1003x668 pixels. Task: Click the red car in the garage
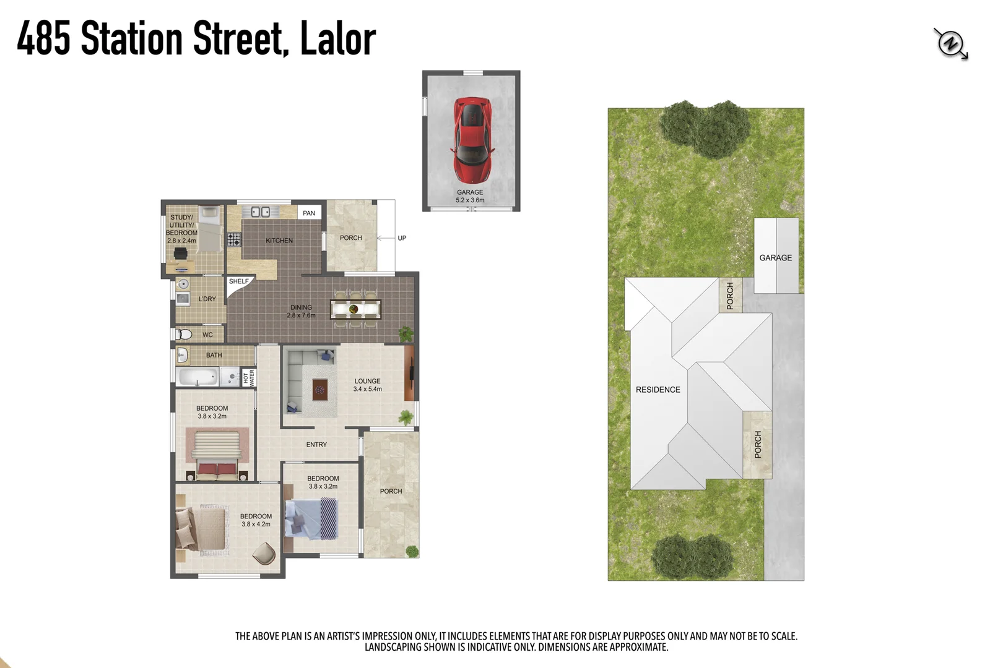tap(472, 139)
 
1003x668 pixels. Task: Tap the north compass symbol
tap(950, 44)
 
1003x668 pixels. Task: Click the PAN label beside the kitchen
tap(309, 213)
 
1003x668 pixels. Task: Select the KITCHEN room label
tap(279, 241)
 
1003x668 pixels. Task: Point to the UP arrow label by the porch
tap(402, 238)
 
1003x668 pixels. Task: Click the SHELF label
tap(238, 281)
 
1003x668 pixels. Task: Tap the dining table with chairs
tap(355, 309)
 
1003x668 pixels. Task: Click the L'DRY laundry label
tap(207, 299)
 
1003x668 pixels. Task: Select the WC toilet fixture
tap(184, 335)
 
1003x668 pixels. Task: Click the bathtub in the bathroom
tap(198, 376)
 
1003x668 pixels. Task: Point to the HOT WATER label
tap(249, 377)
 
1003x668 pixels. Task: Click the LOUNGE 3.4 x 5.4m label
tap(368, 385)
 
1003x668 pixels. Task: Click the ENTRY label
tap(316, 445)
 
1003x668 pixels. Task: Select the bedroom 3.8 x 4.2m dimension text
tap(256, 525)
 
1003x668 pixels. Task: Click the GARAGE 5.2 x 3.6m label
tap(470, 196)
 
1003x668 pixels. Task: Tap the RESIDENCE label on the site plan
tap(658, 390)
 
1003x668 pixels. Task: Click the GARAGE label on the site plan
tap(775, 258)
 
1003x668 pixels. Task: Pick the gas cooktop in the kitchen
tap(234, 239)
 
